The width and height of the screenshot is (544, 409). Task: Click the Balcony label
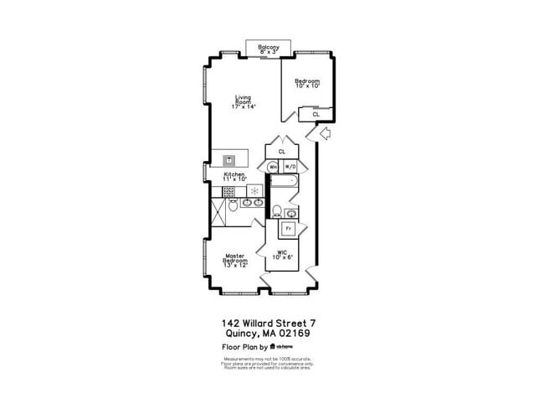(269, 49)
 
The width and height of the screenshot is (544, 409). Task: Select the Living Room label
(244, 101)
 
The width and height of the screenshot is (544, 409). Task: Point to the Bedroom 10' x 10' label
(307, 83)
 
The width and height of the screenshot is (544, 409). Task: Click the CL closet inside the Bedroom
(316, 113)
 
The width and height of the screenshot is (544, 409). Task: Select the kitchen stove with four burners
(228, 191)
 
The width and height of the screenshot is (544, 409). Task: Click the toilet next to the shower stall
(234, 204)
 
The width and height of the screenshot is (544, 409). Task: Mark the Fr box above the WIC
(289, 228)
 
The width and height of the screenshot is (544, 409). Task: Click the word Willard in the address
(260, 322)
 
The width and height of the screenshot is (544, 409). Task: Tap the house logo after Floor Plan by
(273, 346)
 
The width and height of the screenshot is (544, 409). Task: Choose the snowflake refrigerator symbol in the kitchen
(254, 191)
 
